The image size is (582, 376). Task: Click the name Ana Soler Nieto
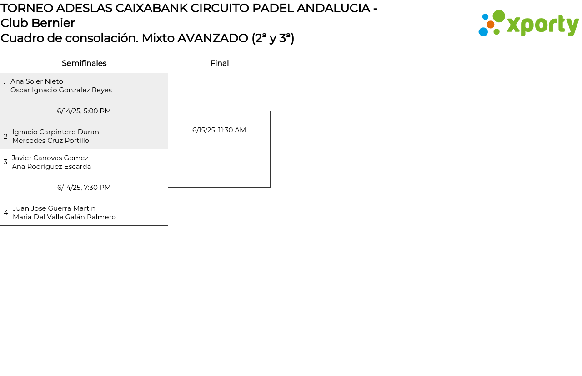(x=37, y=81)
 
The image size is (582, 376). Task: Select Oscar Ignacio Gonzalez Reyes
(x=61, y=90)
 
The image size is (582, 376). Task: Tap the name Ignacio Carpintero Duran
(x=55, y=132)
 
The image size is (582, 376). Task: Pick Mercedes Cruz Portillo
(x=50, y=141)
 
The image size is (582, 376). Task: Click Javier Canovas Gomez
(x=50, y=158)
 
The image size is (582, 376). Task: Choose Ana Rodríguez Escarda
(x=51, y=167)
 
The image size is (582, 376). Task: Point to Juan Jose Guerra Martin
(x=54, y=208)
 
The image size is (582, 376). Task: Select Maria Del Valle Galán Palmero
(x=64, y=217)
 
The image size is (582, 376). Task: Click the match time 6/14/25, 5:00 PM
(x=84, y=111)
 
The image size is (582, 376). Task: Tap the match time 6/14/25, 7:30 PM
(x=84, y=188)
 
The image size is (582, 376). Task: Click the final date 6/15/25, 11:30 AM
(x=219, y=130)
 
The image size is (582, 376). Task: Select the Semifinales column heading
(x=84, y=63)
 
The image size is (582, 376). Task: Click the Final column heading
(x=219, y=63)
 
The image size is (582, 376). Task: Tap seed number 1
(x=5, y=86)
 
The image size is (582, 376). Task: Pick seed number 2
(x=5, y=137)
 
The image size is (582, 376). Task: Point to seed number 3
(x=5, y=162)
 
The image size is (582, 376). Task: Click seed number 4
(x=6, y=213)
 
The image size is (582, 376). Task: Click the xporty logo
(x=529, y=24)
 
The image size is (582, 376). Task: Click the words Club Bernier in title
(x=38, y=23)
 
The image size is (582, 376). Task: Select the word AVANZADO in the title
(x=213, y=38)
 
